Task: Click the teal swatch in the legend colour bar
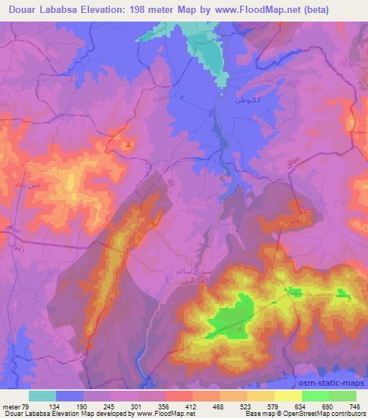[42, 396]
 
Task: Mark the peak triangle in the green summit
[241, 330]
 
